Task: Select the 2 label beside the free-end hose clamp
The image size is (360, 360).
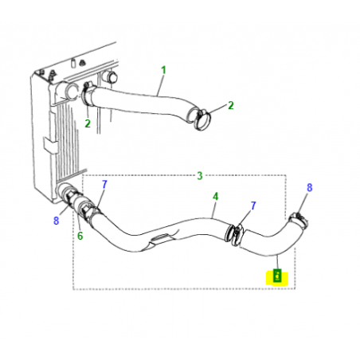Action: (x=231, y=105)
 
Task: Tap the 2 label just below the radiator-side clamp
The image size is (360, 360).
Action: (x=88, y=123)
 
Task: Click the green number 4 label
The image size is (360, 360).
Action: (x=214, y=195)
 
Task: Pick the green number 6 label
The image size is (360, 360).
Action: (x=79, y=236)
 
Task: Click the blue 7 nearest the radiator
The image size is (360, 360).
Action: (x=104, y=185)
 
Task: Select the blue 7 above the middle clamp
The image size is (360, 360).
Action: (x=252, y=205)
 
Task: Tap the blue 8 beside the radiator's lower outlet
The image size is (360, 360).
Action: (x=56, y=221)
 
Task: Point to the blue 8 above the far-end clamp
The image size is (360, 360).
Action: (x=310, y=188)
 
